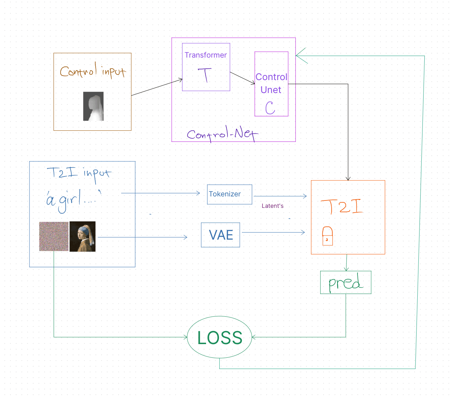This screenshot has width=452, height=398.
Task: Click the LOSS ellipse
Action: (219, 337)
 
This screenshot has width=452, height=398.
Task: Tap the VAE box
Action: (220, 235)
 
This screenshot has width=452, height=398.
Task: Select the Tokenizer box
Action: (229, 194)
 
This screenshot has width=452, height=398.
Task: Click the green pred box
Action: (346, 282)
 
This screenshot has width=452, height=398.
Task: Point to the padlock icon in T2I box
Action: (327, 236)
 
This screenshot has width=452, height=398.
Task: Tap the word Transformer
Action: (206, 55)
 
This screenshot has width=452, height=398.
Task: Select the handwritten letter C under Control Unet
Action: (270, 107)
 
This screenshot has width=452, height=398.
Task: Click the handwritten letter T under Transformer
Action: (205, 75)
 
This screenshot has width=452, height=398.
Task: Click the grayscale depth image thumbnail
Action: (93, 106)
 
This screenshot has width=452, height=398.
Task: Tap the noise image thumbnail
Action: (54, 237)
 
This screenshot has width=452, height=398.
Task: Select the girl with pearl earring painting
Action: (82, 237)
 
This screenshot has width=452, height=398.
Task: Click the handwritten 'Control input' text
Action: (93, 71)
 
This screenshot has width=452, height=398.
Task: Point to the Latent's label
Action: (273, 206)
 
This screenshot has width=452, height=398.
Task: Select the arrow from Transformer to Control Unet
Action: (242, 78)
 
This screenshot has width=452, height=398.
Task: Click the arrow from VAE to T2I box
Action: (273, 232)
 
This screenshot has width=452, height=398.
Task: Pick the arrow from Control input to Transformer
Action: (157, 87)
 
